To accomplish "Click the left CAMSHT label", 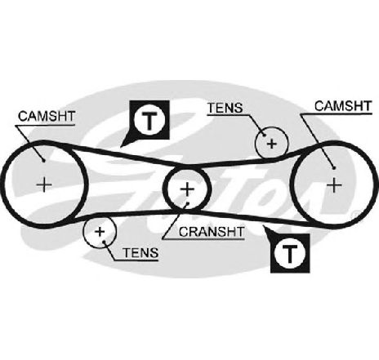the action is pyautogui.click(x=47, y=116).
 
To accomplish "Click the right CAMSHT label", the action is pyautogui.click(x=343, y=106).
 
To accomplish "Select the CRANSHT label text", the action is pyautogui.click(x=212, y=232).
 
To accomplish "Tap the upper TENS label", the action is pyautogui.click(x=225, y=108).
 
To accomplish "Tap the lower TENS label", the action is pyautogui.click(x=140, y=253).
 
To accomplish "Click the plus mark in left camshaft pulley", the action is pyautogui.click(x=44, y=185).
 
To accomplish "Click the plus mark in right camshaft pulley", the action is pyautogui.click(x=334, y=185).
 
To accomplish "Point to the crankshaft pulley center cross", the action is pyautogui.click(x=187, y=189).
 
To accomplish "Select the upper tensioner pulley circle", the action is pyautogui.click(x=271, y=143).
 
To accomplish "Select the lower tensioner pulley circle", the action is pyautogui.click(x=100, y=232).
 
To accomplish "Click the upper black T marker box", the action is pyautogui.click(x=149, y=120).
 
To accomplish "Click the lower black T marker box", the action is pyautogui.click(x=290, y=253).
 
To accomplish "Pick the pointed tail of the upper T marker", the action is pyautogui.click(x=121, y=147).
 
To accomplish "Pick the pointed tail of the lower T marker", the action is pyautogui.click(x=264, y=225).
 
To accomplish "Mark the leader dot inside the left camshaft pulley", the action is pyautogui.click(x=43, y=161).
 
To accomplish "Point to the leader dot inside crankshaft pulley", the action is pyautogui.click(x=187, y=203).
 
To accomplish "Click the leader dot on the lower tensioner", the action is pyautogui.click(x=105, y=242).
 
